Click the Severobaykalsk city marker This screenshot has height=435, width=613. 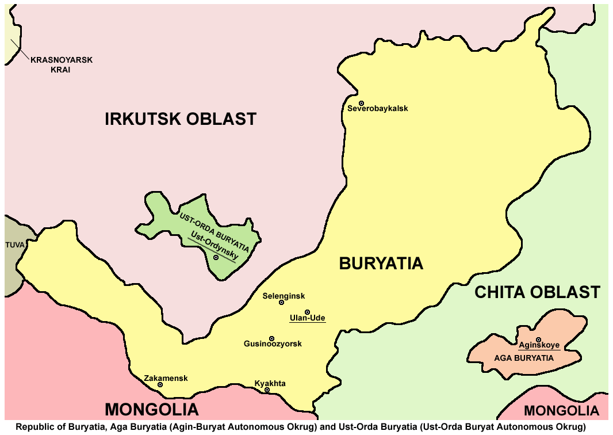point(362,103)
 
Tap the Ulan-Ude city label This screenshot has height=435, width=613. point(308,318)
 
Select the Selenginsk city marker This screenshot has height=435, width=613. point(281,303)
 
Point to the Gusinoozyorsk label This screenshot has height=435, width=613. point(273,344)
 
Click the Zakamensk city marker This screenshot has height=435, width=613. point(160,385)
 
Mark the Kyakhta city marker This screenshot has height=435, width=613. point(267,390)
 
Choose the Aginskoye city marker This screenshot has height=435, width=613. point(538,339)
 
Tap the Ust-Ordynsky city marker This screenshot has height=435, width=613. point(216,258)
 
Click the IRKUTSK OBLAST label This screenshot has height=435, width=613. point(180,119)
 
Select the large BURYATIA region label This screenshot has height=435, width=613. point(381,264)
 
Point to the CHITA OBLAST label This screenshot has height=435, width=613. point(537,292)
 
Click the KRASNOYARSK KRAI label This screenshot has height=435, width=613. point(61,64)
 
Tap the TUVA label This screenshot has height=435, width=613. point(16,245)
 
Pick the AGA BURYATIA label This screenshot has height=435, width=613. point(524,358)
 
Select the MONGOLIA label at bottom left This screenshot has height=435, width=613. point(152,410)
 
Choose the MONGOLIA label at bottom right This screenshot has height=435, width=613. point(561,411)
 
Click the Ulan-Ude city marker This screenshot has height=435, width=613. point(307,312)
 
